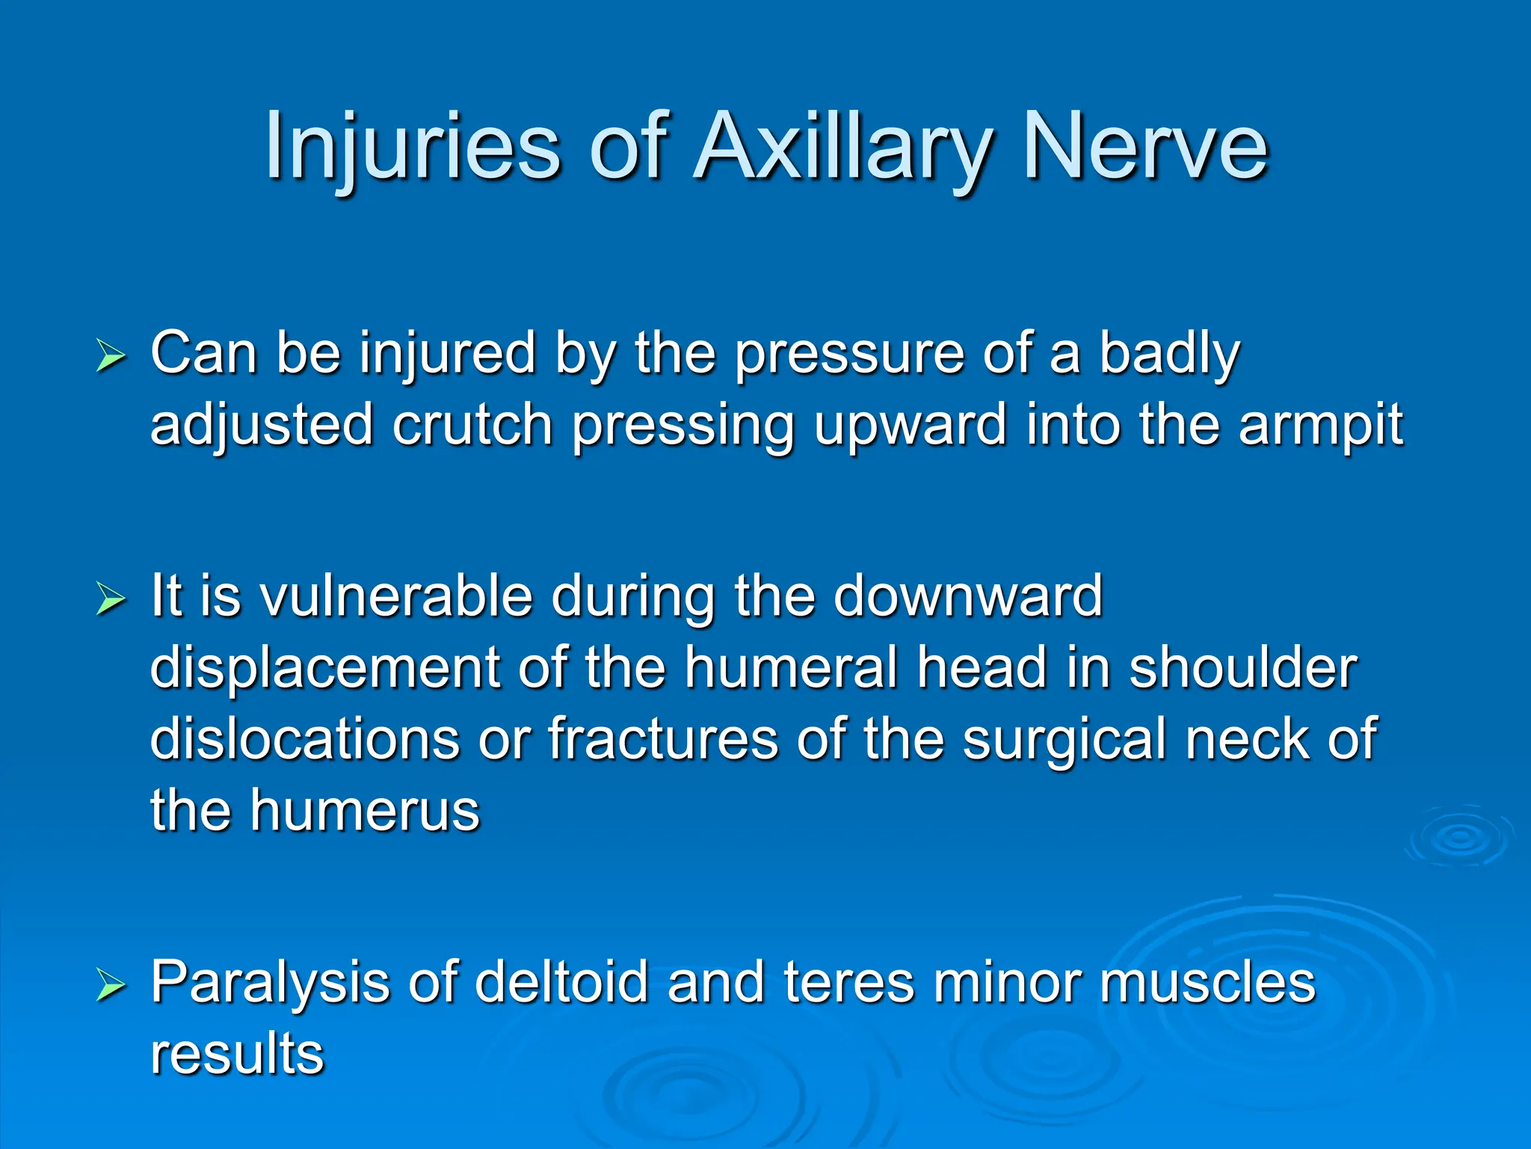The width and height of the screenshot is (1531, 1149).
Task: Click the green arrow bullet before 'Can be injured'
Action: coord(111,355)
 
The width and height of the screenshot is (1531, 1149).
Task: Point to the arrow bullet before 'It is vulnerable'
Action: coord(111,598)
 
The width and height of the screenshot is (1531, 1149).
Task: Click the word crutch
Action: coord(472,425)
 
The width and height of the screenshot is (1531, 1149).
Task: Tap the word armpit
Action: coord(1320,425)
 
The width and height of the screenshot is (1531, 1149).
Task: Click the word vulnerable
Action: coord(395,596)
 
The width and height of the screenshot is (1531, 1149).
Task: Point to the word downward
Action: coord(967,596)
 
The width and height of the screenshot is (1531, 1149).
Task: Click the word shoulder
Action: coord(1242,668)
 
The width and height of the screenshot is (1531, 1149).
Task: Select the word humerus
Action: coord(364,810)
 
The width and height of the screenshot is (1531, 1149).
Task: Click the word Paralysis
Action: coord(270,983)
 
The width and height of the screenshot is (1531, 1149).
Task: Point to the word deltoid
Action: coord(561,983)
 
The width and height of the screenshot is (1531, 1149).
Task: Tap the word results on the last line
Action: coord(237,1053)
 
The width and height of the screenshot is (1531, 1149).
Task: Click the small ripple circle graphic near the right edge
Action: coord(1458,838)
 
